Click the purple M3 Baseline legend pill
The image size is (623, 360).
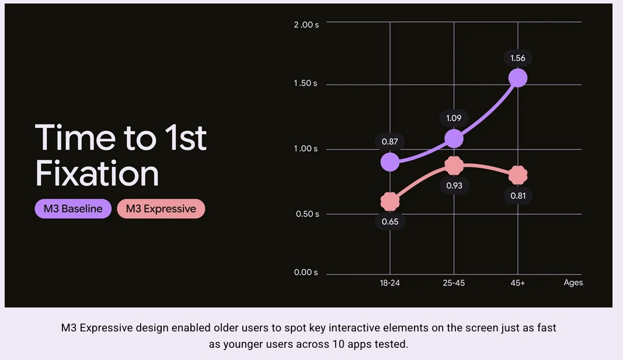pyautogui.click(x=73, y=209)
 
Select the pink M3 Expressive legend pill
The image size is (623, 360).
pyautogui.click(x=161, y=209)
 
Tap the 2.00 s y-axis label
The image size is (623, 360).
pyautogui.click(x=307, y=25)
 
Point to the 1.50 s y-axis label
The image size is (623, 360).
pyautogui.click(x=305, y=83)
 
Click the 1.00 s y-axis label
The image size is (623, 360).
pyautogui.click(x=305, y=148)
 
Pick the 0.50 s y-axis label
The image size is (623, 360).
pyautogui.click(x=307, y=214)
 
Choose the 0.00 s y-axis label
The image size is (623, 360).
pyautogui.click(x=306, y=272)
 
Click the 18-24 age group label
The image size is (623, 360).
pyautogui.click(x=390, y=283)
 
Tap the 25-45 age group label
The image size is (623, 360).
pyautogui.click(x=454, y=283)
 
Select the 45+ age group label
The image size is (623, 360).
pyautogui.click(x=518, y=283)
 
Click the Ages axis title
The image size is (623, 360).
pyautogui.click(x=573, y=282)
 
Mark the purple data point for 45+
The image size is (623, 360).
pyautogui.click(x=518, y=78)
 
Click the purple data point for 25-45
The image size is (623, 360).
pyautogui.click(x=454, y=138)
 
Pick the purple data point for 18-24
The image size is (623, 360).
pyautogui.click(x=390, y=162)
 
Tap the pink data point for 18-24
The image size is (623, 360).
pyautogui.click(x=390, y=202)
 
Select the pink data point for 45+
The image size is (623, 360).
pyautogui.click(x=518, y=175)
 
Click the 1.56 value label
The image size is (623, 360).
pyautogui.click(x=518, y=58)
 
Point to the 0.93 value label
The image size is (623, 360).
pyautogui.click(x=454, y=186)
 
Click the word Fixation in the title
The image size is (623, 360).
pyautogui.click(x=97, y=173)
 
